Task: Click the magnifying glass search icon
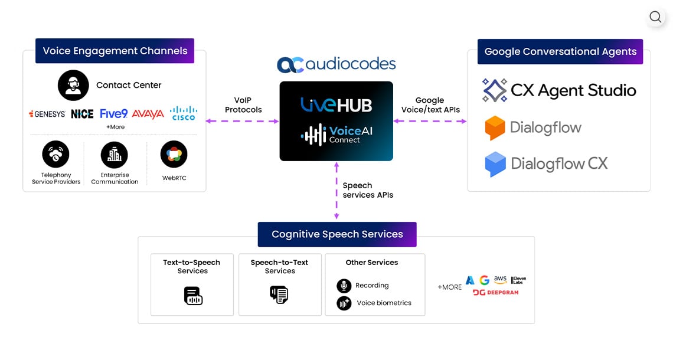pos(655,17)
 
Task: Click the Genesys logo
pos(47,114)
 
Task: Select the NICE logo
pos(82,114)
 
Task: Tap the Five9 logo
pos(114,113)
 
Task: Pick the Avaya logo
pos(148,114)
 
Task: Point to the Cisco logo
pos(183,113)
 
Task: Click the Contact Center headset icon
pos(73,85)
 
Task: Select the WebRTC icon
pos(174,155)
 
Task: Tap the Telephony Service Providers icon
pos(55,155)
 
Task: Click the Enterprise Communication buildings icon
pos(114,155)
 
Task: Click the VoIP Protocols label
pos(243,105)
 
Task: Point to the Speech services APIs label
pos(368,190)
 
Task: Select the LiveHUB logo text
pos(336,105)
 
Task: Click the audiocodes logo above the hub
pos(336,64)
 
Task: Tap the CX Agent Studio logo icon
pos(494,90)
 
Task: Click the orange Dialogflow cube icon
pos(495,127)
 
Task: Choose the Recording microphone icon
pos(344,286)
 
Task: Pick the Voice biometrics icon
pos(344,303)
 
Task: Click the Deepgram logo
pos(495,293)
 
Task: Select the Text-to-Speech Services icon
pos(192,295)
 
